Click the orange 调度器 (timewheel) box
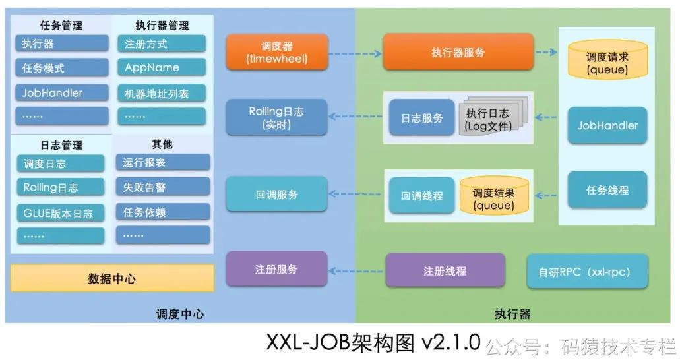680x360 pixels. [x=276, y=53]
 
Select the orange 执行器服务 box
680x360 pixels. [x=458, y=53]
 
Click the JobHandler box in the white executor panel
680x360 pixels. [x=607, y=125]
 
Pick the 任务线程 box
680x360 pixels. [x=607, y=191]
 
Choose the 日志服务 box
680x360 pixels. [x=422, y=118]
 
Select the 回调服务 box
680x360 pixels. [x=276, y=195]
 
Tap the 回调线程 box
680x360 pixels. [x=422, y=196]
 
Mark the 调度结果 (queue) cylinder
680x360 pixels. [x=493, y=195]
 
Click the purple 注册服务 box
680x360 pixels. [x=276, y=269]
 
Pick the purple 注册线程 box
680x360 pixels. [x=445, y=270]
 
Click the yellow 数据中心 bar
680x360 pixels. [x=112, y=278]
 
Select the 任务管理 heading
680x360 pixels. [x=61, y=26]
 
